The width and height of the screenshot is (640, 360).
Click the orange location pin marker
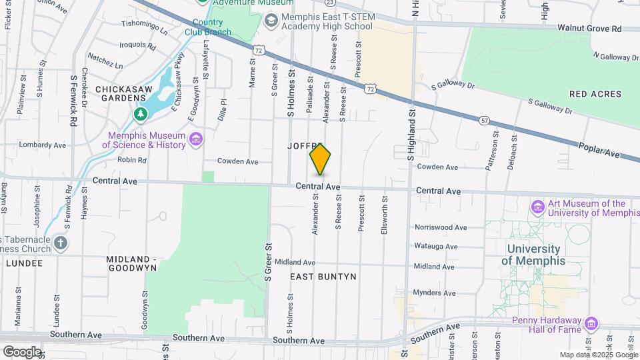click(x=321, y=159)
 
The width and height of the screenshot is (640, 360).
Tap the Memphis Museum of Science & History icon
click(x=196, y=139)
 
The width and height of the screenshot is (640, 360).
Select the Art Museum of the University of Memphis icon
click(x=538, y=208)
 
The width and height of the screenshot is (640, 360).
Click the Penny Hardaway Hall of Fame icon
click(x=590, y=324)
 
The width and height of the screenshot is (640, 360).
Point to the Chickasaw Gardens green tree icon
click(x=140, y=115)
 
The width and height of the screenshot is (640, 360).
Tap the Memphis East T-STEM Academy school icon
click(x=271, y=21)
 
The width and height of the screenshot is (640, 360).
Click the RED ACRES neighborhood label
click(x=596, y=94)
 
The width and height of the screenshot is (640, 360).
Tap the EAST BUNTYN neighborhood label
click(x=323, y=276)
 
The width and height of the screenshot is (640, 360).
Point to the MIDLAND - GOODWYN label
click(x=131, y=263)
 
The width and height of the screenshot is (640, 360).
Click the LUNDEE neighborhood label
click(x=24, y=263)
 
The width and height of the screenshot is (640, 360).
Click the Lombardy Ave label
click(x=43, y=145)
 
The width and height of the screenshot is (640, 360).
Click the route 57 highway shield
click(x=485, y=120)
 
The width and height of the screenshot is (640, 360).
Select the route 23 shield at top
click(x=329, y=2)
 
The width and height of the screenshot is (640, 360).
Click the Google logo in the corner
click(x=21, y=351)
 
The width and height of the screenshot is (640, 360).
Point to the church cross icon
click(x=61, y=242)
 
